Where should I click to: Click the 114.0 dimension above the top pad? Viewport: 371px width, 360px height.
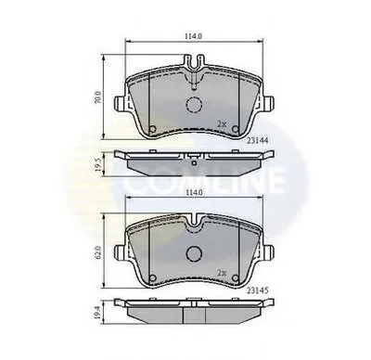coord(193,36)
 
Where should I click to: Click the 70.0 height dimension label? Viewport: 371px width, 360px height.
coord(98,97)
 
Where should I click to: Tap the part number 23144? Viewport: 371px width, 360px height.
coord(257,140)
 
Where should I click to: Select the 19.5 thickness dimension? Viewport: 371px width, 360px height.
coord(98,165)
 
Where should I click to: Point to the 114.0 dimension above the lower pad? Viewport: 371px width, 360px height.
coord(193,192)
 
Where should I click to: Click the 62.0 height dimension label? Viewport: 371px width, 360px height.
coord(98,251)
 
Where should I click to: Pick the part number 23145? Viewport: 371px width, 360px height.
coord(257,290)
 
